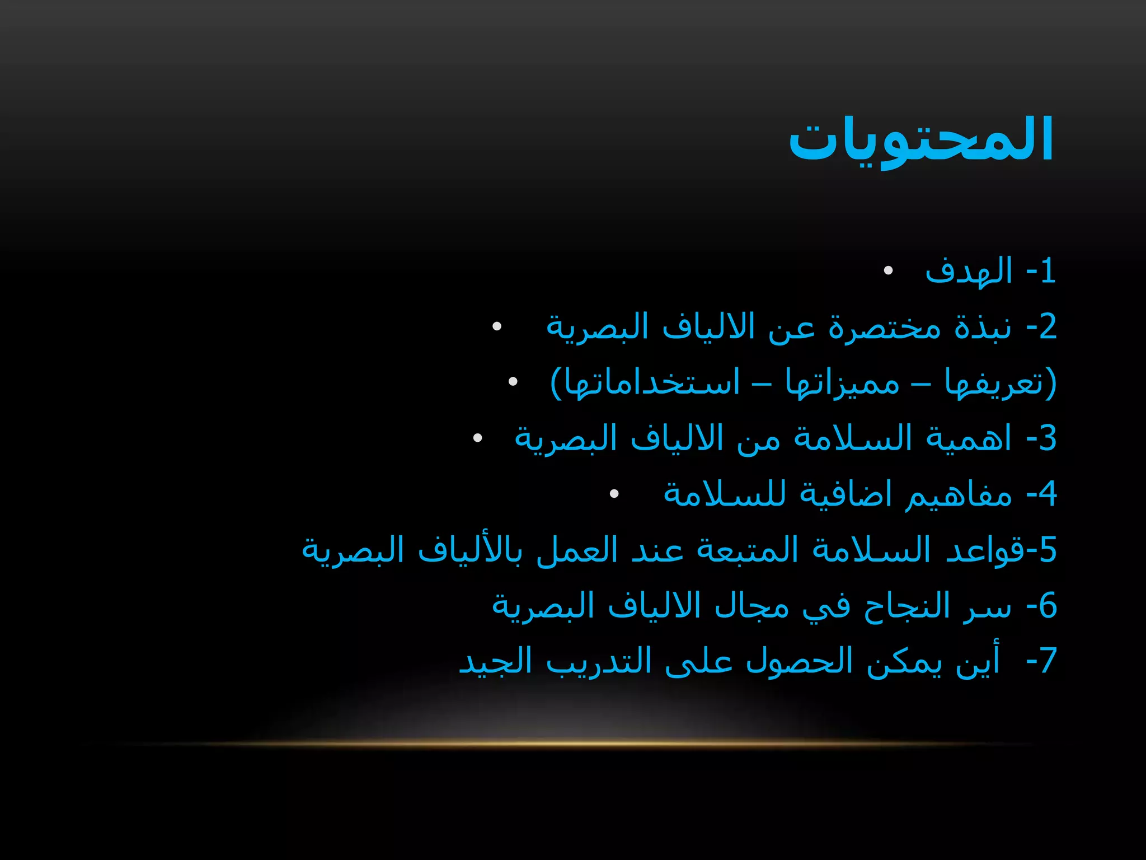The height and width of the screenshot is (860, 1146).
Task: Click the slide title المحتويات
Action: click(x=921, y=140)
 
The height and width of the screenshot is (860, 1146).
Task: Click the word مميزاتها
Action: click(x=842, y=384)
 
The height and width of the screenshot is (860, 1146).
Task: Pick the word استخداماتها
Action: click(x=652, y=384)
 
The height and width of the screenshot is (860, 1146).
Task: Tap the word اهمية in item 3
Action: click(x=969, y=438)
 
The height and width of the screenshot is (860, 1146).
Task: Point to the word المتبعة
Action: click(x=748, y=550)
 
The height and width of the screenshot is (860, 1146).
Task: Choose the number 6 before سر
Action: click(x=1048, y=606)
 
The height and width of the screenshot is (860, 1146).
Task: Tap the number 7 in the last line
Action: click(x=1048, y=661)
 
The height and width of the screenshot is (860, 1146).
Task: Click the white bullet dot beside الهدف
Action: click(x=888, y=272)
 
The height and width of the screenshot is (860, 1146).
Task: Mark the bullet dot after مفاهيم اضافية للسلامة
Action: click(x=614, y=494)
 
